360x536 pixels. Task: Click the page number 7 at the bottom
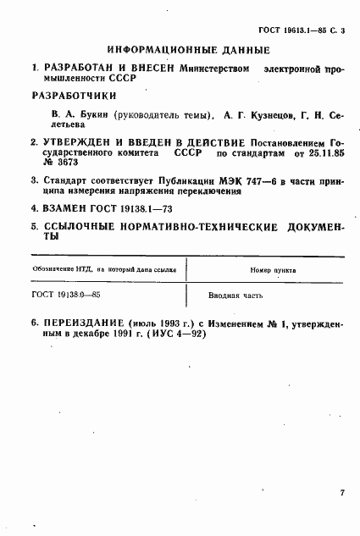342,491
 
